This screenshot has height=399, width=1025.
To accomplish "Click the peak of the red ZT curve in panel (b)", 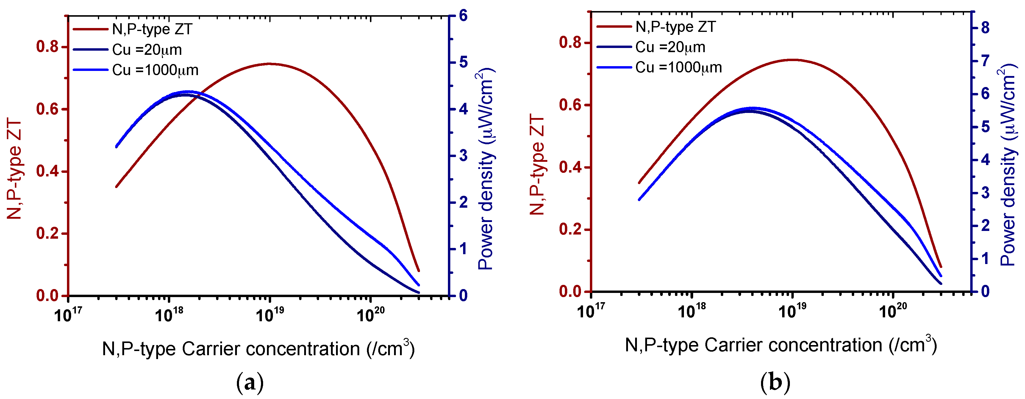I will [792, 60].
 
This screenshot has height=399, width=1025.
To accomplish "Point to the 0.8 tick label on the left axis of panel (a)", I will [47, 47].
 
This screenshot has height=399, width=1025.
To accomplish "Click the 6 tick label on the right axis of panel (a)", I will [463, 16].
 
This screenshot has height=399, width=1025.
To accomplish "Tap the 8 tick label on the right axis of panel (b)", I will [985, 28].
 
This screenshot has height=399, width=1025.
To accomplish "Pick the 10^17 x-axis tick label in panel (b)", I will [590, 310].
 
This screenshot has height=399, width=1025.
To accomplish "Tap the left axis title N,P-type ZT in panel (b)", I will [537, 165].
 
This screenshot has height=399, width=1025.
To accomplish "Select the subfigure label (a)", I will [250, 383].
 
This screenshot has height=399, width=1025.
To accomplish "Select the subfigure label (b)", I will [775, 383].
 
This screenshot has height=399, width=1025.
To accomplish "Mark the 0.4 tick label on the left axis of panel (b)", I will [570, 167].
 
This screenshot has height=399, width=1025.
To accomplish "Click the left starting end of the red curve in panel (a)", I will [116, 186].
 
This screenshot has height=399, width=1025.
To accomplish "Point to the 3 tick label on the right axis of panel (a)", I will [463, 156].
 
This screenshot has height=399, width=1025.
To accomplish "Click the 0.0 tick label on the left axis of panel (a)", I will [47, 296].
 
